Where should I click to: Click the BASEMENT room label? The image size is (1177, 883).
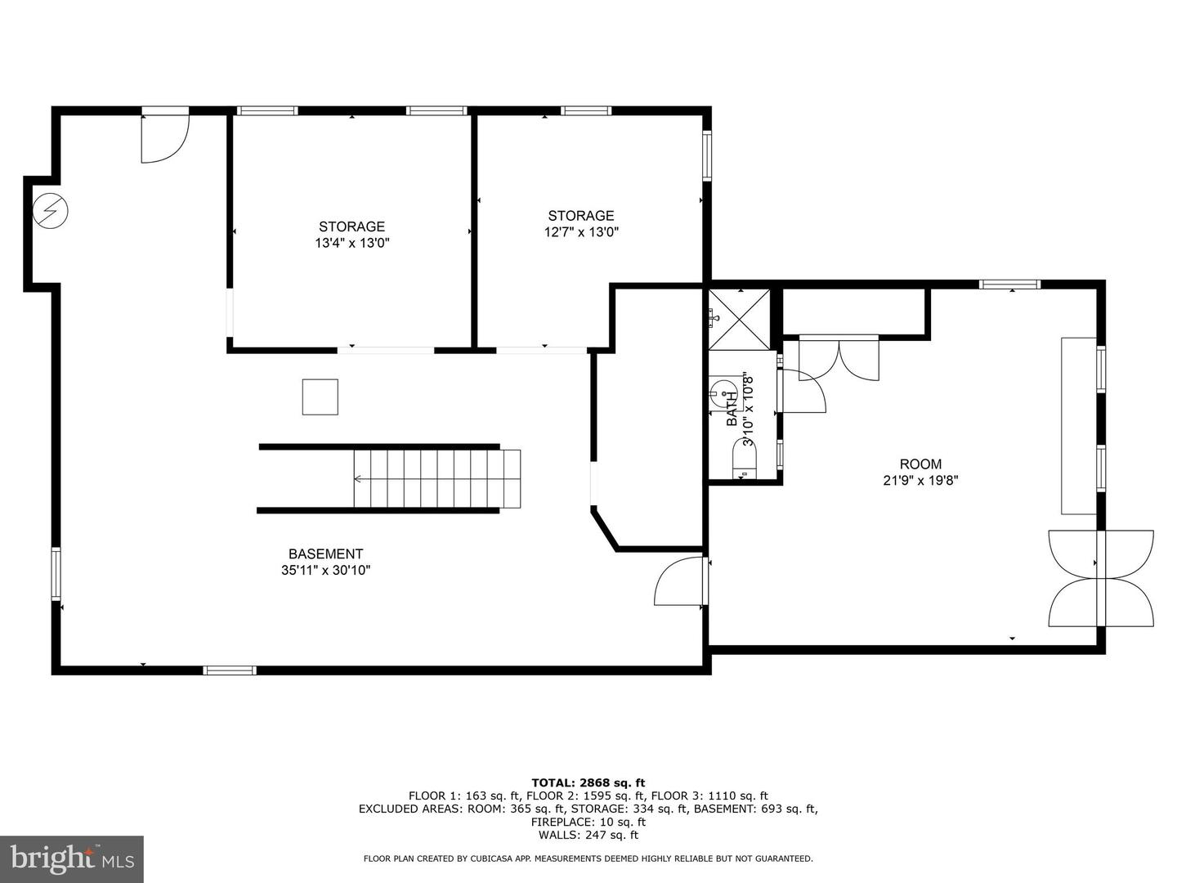click(325, 554)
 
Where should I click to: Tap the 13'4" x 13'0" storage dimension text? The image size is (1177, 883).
click(351, 243)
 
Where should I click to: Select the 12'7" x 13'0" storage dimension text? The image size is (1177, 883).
click(581, 232)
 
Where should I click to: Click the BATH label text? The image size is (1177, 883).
click(732, 409)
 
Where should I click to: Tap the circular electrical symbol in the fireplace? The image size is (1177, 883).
click(51, 210)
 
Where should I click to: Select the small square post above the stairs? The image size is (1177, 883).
click(320, 397)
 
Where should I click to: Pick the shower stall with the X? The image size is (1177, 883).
click(740, 320)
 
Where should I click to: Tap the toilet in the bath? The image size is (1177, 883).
click(745, 461)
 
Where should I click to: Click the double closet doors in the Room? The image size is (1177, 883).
click(839, 358)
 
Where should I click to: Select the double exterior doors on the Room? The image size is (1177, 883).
click(1101, 579)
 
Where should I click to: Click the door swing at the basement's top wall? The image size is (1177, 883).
click(165, 136)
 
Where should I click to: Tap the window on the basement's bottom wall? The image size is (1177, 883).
click(230, 670)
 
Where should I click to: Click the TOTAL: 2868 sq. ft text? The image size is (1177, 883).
click(588, 783)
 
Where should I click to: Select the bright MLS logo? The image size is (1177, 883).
click(72, 858)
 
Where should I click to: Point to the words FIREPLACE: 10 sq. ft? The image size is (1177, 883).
click(588, 822)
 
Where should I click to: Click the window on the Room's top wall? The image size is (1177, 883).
click(1009, 285)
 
